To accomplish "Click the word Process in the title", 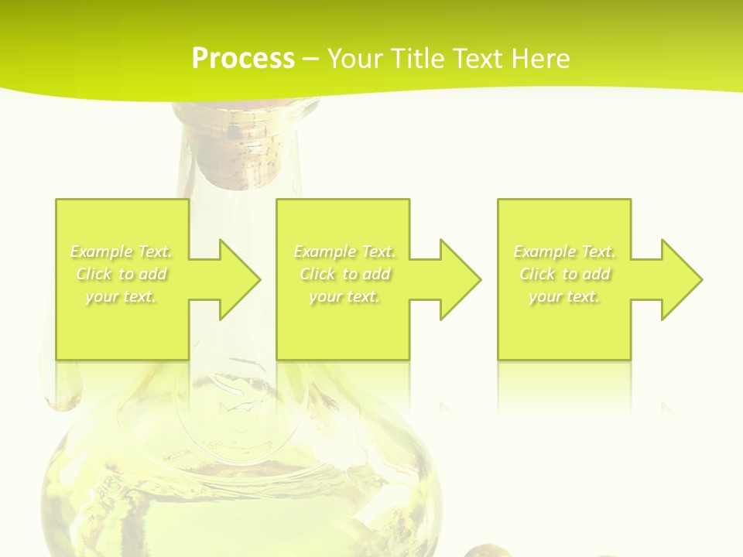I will [x=243, y=59].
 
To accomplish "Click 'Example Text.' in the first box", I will [x=121, y=251].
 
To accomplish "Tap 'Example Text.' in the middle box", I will [x=344, y=251].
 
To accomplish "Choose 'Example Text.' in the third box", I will [x=564, y=251].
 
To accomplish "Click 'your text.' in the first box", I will [x=121, y=296].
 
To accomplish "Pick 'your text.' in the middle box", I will [x=344, y=296].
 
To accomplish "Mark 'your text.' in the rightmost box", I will [x=564, y=296].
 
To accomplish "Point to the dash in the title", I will [x=310, y=59].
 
